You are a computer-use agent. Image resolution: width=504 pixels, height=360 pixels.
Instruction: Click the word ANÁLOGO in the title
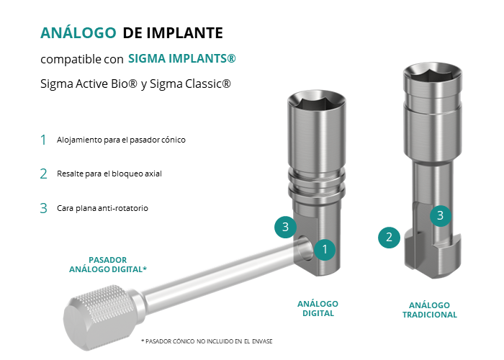[78, 32]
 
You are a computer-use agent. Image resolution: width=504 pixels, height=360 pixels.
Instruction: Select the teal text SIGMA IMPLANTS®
[182, 58]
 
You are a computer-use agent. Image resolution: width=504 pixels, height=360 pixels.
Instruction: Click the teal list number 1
[43, 140]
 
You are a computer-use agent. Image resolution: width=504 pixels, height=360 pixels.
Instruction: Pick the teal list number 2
[43, 174]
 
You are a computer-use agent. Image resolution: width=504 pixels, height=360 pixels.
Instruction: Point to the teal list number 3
[43, 208]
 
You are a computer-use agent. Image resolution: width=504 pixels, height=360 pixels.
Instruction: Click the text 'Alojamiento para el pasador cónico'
[121, 140]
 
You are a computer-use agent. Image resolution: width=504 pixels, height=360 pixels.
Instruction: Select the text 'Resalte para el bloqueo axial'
[109, 174]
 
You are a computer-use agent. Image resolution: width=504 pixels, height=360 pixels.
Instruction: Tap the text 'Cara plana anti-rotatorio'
[102, 208]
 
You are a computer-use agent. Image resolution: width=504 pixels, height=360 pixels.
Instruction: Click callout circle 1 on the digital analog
[325, 249]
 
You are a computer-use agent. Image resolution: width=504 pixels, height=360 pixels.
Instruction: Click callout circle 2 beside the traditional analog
[389, 238]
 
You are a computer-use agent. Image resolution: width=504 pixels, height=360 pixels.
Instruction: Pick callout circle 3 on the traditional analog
[441, 216]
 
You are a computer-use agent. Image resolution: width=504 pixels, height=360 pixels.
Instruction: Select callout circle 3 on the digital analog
[285, 227]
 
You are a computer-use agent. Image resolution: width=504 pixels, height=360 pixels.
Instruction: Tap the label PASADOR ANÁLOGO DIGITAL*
[108, 264]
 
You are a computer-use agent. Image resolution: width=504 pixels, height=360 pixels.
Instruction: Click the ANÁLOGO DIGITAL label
[318, 309]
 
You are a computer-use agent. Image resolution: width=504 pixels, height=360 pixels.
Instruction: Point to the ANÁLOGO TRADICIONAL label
[430, 310]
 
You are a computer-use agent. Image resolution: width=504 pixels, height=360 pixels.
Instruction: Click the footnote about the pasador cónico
[207, 341]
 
